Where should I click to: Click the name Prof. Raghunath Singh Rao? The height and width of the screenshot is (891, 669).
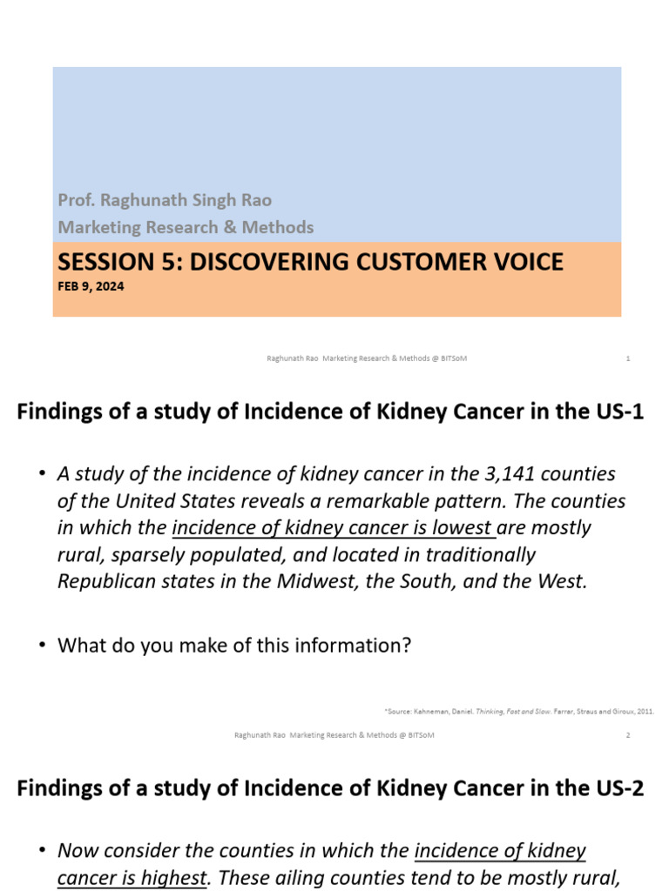(165, 200)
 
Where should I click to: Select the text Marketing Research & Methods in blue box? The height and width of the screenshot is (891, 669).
(186, 227)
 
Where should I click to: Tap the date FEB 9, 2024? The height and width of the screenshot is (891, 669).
(91, 285)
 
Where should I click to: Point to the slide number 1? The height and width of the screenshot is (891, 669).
(628, 358)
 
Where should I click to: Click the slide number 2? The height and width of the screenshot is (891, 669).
(628, 735)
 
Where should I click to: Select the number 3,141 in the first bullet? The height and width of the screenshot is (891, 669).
(501, 474)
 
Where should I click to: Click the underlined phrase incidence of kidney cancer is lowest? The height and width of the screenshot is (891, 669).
(334, 528)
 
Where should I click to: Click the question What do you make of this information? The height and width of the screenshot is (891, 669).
(234, 646)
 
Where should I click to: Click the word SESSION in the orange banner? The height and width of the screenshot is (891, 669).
(98, 261)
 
